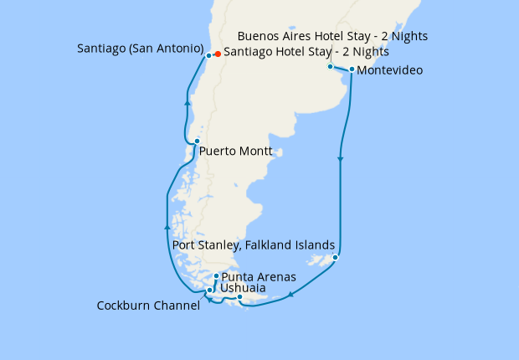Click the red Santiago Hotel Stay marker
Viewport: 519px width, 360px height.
tap(218, 54)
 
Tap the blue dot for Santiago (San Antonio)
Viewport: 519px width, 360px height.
tap(208, 55)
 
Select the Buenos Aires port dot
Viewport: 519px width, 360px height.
tap(330, 66)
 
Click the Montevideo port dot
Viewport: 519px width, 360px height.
tap(352, 69)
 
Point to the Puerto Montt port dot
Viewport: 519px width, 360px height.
tap(197, 141)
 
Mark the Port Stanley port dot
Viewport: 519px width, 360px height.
tap(335, 258)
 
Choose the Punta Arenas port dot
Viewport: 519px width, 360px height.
tap(216, 276)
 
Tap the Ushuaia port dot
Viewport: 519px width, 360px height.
tap(239, 296)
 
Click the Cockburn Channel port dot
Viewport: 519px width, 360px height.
tap(209, 291)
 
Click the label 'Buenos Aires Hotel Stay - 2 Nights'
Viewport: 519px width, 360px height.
tap(333, 36)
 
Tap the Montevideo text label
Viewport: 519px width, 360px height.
tap(389, 70)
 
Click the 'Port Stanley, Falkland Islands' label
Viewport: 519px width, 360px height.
tap(254, 245)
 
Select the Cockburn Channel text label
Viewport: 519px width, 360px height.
tap(148, 306)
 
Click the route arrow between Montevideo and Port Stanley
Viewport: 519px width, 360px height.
tap(340, 158)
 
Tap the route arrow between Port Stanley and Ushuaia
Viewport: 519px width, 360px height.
tap(290, 294)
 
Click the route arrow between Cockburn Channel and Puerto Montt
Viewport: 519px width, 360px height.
tap(168, 226)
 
